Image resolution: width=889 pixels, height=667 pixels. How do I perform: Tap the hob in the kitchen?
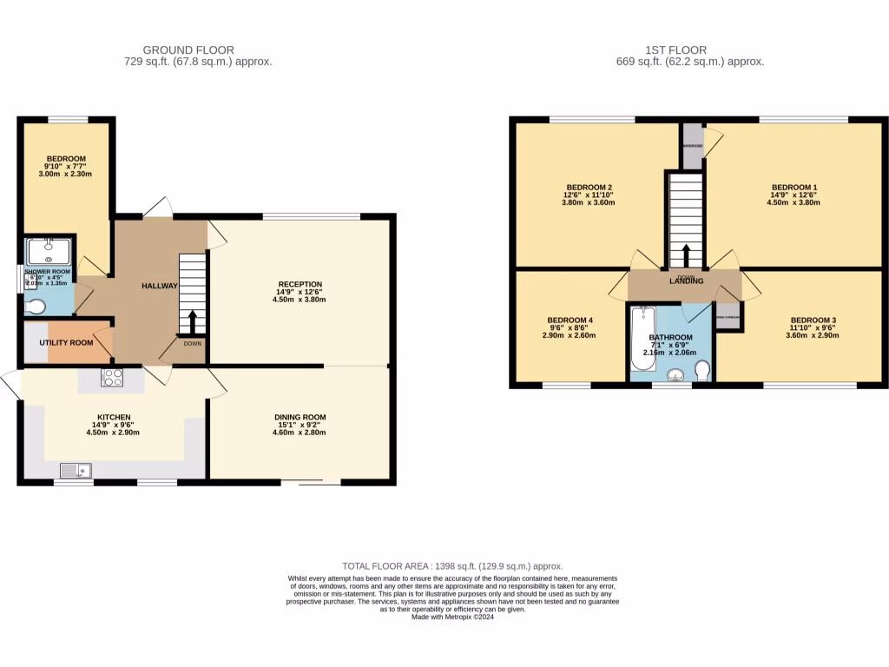(112, 377)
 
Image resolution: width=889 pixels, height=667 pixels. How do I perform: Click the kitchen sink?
(76, 471)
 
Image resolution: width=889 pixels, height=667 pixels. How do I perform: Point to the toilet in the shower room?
(36, 306)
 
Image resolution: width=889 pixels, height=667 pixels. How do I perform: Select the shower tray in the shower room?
(48, 251)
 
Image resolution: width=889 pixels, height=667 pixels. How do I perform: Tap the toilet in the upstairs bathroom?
(702, 371)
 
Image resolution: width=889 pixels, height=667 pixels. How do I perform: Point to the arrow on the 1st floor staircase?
(686, 255)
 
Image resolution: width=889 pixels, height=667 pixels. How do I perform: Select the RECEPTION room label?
(300, 284)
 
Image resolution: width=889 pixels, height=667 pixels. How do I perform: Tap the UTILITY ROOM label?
(66, 343)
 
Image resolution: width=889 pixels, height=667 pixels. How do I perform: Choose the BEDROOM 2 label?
(589, 188)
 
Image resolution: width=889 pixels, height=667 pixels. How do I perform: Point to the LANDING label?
(686, 281)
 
